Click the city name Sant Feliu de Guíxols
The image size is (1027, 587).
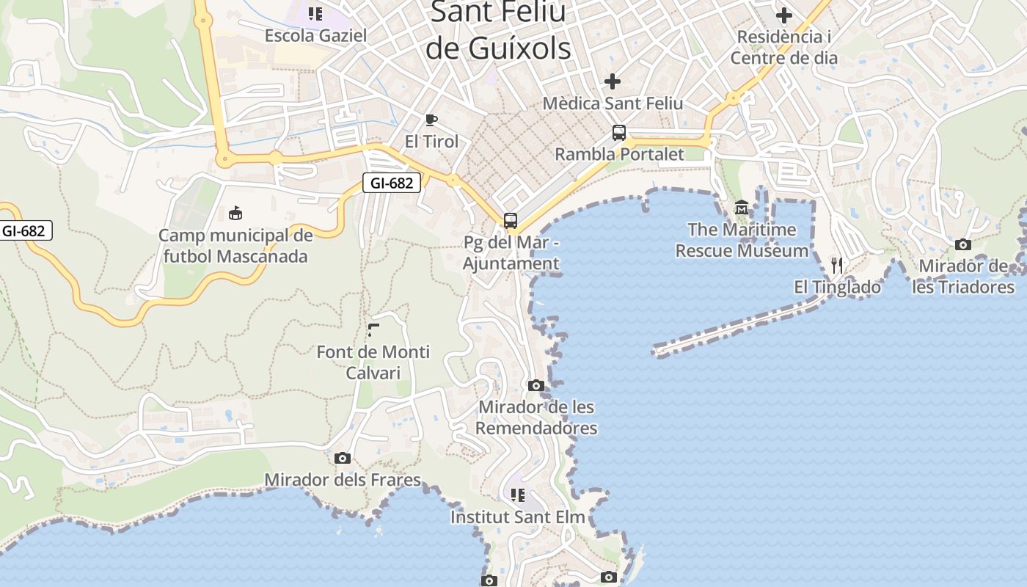point(499,31)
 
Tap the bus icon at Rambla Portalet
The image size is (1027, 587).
point(619,133)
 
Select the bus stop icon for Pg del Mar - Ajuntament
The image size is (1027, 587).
point(511,220)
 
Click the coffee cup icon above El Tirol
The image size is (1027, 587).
point(431,120)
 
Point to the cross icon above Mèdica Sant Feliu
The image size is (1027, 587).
point(613,81)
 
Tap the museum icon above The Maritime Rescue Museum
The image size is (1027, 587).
point(741,208)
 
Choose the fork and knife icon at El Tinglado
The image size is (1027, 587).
point(837,265)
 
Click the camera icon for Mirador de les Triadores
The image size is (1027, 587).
point(963,244)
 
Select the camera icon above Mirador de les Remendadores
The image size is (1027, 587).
point(536,385)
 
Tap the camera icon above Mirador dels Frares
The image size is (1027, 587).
point(343,459)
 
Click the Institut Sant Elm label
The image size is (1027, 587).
point(518,517)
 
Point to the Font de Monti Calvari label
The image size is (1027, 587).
point(373,362)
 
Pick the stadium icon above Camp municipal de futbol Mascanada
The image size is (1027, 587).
point(235,214)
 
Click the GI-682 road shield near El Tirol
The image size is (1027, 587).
point(392,183)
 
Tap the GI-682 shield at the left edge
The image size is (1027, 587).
point(23,230)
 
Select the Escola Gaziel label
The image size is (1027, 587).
point(315,35)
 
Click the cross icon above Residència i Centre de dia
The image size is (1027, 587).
point(784,15)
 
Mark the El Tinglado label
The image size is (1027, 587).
point(838,288)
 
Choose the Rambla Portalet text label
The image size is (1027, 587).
point(619,154)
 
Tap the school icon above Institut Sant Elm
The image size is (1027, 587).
point(518,495)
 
